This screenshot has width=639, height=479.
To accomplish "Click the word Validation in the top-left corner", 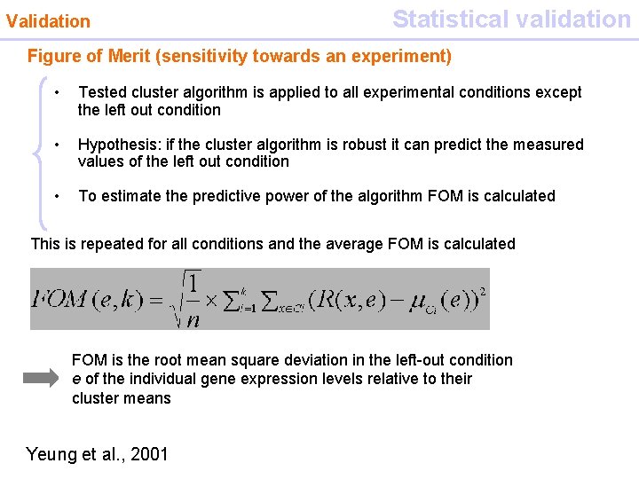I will coord(48,20).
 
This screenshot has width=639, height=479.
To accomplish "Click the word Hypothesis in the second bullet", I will coord(117,144).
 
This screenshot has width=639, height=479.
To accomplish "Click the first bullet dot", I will coord(56,92).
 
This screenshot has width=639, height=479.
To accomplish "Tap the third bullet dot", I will coord(56,196).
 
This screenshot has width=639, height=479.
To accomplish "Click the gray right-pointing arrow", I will coord(41,378).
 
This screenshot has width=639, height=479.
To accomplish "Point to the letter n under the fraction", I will coord(192,318).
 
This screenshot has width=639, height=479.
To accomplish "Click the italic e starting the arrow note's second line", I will coord(76,379).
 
